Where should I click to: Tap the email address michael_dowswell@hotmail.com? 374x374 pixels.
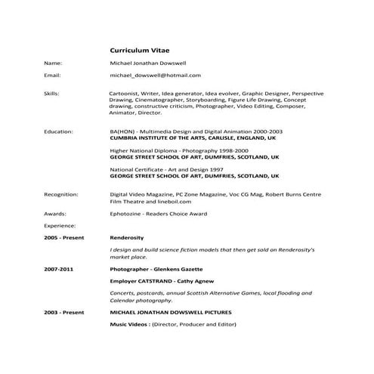(x=155, y=76)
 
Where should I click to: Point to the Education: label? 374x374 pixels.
(x=59, y=131)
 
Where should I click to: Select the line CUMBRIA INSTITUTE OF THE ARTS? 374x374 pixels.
(x=193, y=138)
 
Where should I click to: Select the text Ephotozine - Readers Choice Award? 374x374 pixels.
(x=158, y=214)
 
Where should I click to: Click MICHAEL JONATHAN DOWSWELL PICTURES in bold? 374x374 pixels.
(x=171, y=311)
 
